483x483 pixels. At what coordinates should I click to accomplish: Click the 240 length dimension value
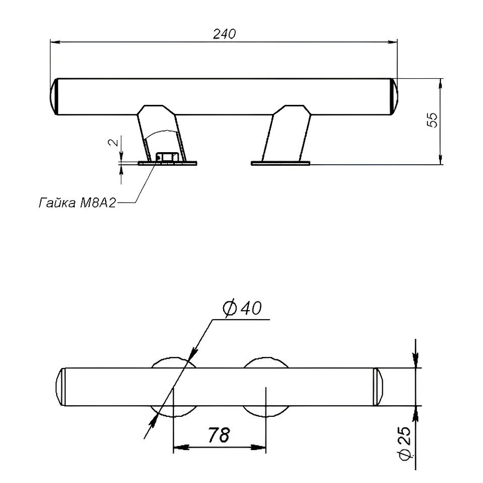[x=224, y=34]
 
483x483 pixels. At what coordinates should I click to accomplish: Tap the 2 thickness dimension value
[x=114, y=142]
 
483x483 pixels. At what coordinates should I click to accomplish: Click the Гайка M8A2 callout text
[x=77, y=203]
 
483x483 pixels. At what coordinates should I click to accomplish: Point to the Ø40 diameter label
[x=242, y=308]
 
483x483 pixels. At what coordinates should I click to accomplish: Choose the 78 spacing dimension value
[x=219, y=435]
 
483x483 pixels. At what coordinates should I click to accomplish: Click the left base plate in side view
[x=168, y=163]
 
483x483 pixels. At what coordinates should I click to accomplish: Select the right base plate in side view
[x=281, y=163]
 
